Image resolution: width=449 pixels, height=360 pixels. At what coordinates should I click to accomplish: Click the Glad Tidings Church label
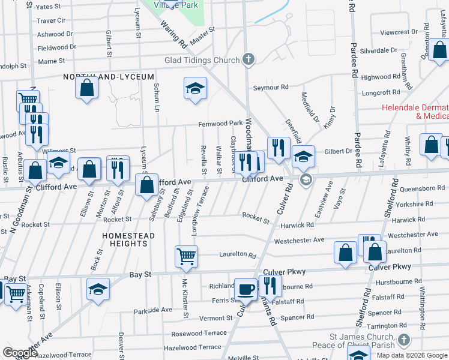(x=202, y=60)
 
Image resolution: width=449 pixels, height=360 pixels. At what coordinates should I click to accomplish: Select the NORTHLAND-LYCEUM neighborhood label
(x=110, y=77)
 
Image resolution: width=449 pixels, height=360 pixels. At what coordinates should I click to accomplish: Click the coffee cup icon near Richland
(x=245, y=289)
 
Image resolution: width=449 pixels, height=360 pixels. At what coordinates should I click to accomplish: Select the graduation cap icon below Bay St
(x=98, y=289)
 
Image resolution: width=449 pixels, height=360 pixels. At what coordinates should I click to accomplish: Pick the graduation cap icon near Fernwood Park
(x=194, y=89)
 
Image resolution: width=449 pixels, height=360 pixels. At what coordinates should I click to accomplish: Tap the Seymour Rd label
(x=270, y=88)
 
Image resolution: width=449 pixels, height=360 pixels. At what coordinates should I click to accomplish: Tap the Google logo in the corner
(x=20, y=353)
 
